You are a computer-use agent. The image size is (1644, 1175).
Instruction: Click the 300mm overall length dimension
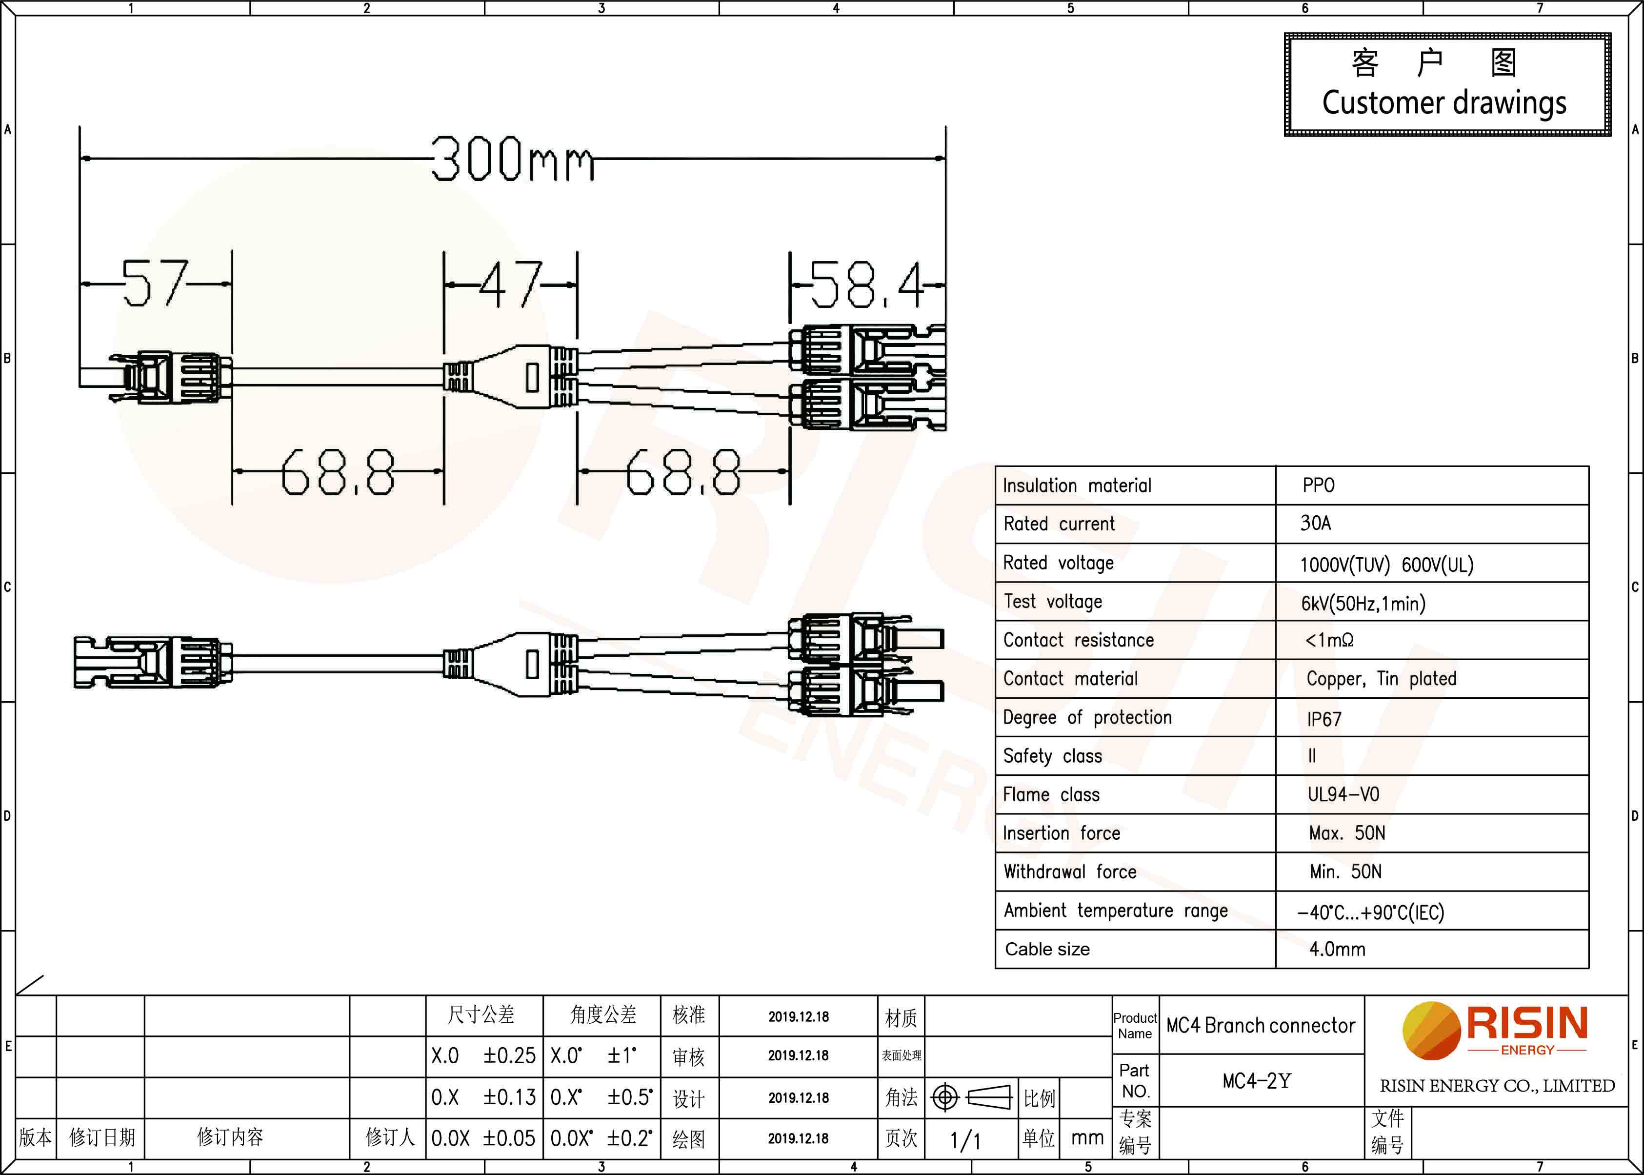(x=513, y=159)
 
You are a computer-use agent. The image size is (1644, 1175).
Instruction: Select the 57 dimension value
(x=155, y=283)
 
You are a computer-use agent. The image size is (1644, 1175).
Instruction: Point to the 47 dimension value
(x=511, y=284)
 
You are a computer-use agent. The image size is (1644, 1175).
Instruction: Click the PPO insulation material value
(x=1319, y=486)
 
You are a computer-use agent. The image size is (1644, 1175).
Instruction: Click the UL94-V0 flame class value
(x=1343, y=794)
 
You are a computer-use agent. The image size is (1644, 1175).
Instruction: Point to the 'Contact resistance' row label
(x=1079, y=640)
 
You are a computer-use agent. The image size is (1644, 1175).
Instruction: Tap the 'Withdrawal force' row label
(x=1070, y=872)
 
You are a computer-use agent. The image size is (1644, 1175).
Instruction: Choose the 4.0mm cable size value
(x=1337, y=949)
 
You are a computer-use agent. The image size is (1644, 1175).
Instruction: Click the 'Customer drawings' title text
(x=1444, y=103)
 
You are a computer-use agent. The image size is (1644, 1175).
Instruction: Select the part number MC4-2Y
(x=1256, y=1081)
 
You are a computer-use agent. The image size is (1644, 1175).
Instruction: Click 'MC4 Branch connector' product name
(x=1261, y=1025)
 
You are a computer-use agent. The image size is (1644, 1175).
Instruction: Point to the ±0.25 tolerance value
(x=509, y=1055)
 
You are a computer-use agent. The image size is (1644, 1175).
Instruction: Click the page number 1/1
(x=965, y=1141)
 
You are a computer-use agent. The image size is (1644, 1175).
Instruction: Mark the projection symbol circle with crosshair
(x=944, y=1097)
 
